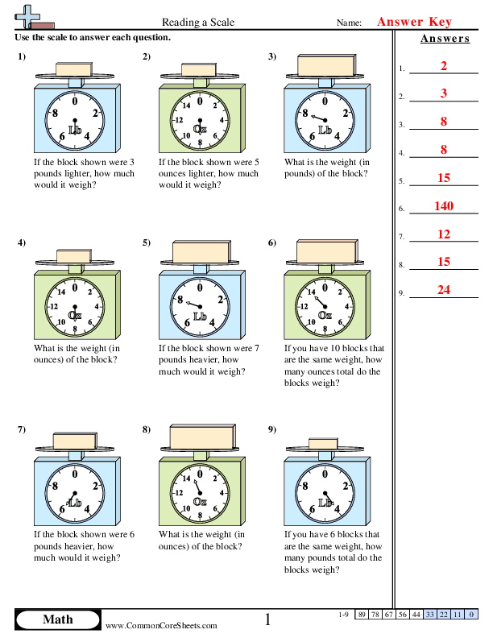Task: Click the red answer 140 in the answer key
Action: [x=444, y=206]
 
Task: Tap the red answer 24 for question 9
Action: [x=444, y=291]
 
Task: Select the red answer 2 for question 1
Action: [x=444, y=66]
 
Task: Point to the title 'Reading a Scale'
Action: [x=198, y=23]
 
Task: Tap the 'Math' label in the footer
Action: [x=57, y=619]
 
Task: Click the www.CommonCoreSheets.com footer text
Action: [x=161, y=625]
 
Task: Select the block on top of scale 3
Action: [x=325, y=64]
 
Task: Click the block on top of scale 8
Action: [x=199, y=436]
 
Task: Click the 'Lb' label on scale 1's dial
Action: [x=75, y=130]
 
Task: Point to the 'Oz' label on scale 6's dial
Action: [x=325, y=316]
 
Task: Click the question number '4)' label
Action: [x=21, y=242]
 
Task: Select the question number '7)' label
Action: [x=21, y=429]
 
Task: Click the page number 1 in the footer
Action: [x=267, y=619]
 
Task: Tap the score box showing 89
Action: [x=362, y=615]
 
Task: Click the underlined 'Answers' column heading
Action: [x=445, y=39]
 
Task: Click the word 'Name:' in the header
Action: [x=348, y=23]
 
